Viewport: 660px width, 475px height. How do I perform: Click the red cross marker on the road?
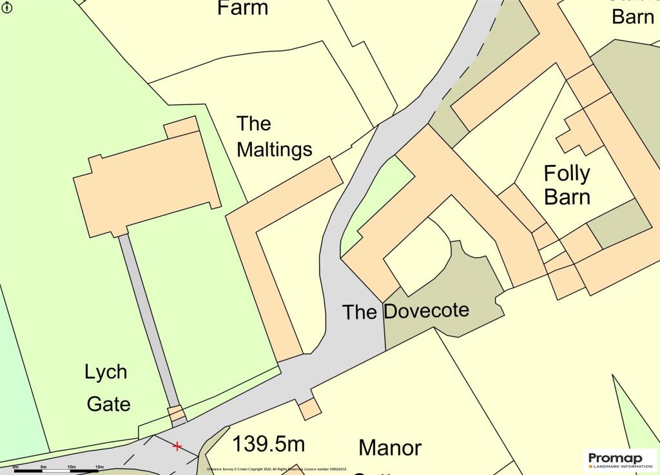coord(177,446)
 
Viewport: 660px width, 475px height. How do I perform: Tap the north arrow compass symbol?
coord(6,6)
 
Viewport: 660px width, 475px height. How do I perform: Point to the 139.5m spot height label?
coord(268,444)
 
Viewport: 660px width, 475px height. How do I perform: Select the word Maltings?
coord(274,150)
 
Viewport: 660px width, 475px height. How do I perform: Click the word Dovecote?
coord(426,311)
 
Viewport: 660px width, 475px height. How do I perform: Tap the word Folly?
coord(567,173)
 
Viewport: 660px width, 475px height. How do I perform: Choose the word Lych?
coord(106,372)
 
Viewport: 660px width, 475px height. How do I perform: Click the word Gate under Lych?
coord(108,404)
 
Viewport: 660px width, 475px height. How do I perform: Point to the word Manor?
coord(390,447)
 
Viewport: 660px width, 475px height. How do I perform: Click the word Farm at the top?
coord(242,8)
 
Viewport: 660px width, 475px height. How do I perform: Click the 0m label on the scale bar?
coord(15,467)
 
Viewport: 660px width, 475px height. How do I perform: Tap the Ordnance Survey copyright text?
coord(277,470)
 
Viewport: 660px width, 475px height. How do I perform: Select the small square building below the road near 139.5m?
coord(309,408)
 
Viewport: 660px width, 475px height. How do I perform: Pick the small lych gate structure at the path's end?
coord(176,413)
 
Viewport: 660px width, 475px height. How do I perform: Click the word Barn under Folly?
coord(567,196)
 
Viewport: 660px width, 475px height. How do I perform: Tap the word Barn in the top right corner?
coord(632,16)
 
